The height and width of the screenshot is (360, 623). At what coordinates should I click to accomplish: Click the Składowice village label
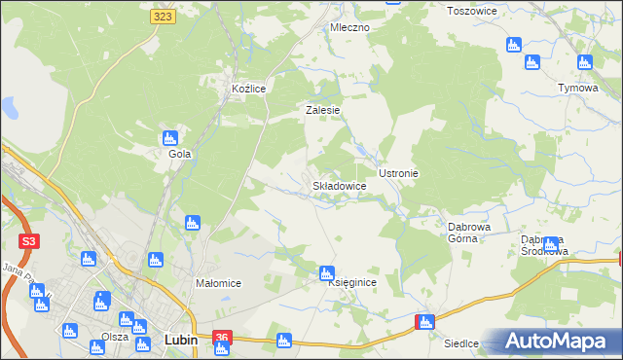pyautogui.click(x=339, y=185)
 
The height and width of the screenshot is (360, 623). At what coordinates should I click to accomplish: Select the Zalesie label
pyautogui.click(x=322, y=110)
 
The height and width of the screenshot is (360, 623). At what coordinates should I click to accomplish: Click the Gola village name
pyautogui.click(x=179, y=154)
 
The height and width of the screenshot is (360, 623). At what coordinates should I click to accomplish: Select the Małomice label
pyautogui.click(x=219, y=283)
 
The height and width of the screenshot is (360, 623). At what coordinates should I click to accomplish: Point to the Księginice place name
pyautogui.click(x=352, y=282)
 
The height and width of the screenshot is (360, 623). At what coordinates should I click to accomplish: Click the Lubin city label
pyautogui.click(x=181, y=340)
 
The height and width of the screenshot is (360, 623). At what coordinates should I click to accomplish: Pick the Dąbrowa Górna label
pyautogui.click(x=468, y=233)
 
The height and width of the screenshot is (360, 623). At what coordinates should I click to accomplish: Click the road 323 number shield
pyautogui.click(x=164, y=17)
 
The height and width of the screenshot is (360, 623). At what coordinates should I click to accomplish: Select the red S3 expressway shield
pyautogui.click(x=29, y=240)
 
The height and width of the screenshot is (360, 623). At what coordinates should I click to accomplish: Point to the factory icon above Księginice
pyautogui.click(x=328, y=272)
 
